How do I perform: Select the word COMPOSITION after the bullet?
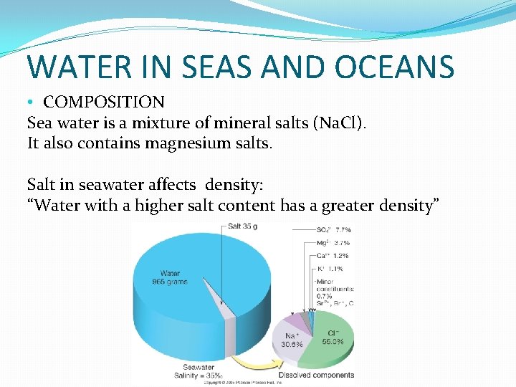pyautogui.click(x=104, y=102)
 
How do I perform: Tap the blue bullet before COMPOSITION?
pyautogui.click(x=32, y=103)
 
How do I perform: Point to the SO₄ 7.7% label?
pyautogui.click(x=333, y=230)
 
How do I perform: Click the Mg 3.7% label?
pyautogui.click(x=333, y=243)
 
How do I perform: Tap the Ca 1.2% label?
pyautogui.click(x=333, y=256)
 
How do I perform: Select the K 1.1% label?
pyautogui.click(x=330, y=269)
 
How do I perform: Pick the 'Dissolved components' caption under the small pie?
pyautogui.click(x=317, y=375)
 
